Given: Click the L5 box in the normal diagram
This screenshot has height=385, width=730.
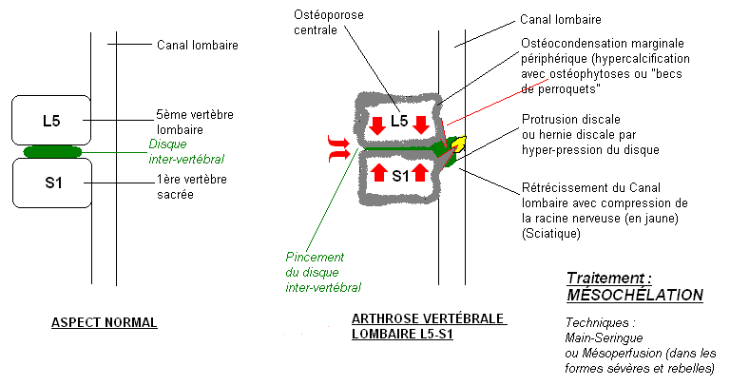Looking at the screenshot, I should coord(50,121).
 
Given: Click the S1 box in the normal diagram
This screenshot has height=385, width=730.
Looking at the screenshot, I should coord(51,183).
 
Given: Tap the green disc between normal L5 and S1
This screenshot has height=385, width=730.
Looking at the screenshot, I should coord(52,151).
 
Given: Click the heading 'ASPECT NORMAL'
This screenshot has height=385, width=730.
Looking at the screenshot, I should coord(104,322).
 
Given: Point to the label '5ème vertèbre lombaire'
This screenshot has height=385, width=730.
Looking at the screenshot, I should coord(195,122).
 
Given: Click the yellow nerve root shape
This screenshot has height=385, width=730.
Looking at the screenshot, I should coord(457,144).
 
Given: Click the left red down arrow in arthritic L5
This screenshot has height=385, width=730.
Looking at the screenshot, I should coord(376,124).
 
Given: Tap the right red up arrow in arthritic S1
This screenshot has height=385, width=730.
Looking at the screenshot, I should coord(421,173).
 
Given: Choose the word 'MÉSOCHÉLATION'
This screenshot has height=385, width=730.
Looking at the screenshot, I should coord(634,296).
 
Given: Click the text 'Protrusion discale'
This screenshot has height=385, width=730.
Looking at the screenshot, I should coord(570,120).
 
